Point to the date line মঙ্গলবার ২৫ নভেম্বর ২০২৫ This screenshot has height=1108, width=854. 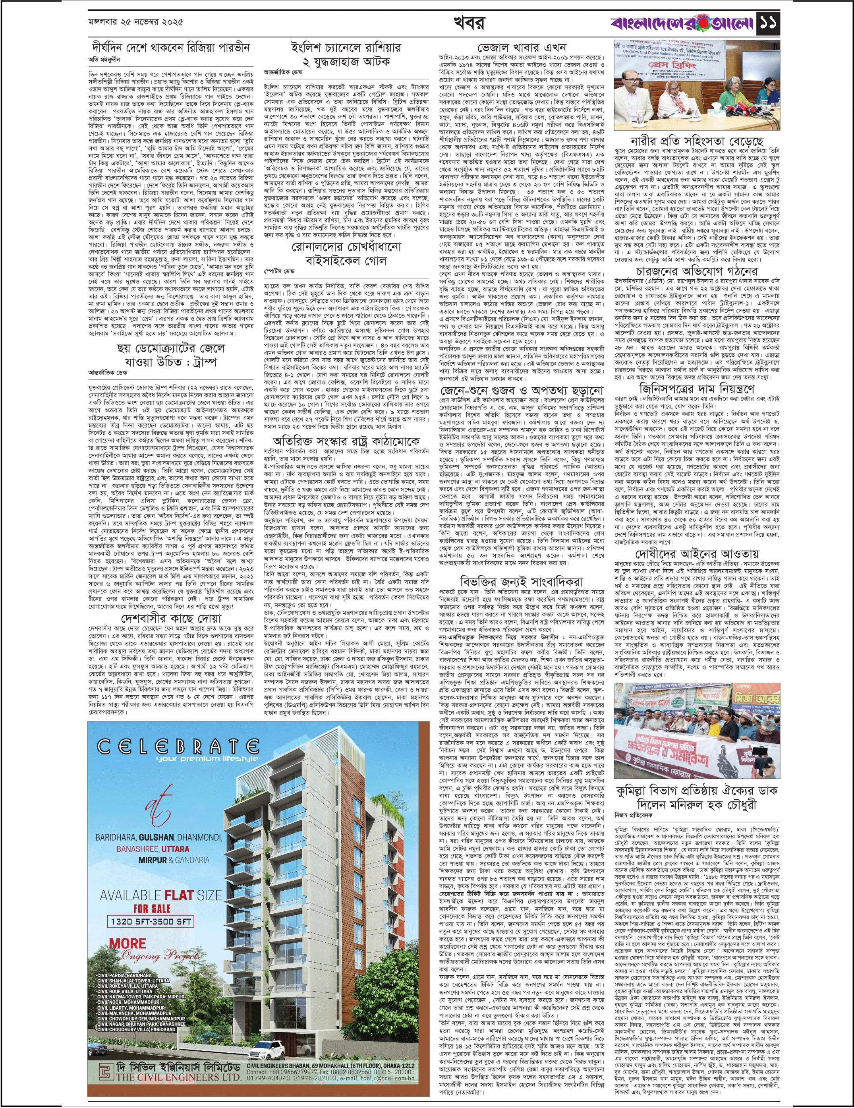(135, 22)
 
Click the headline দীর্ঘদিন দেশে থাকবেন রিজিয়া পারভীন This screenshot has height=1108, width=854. (171, 48)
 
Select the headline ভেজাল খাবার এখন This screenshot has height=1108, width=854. (522, 48)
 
